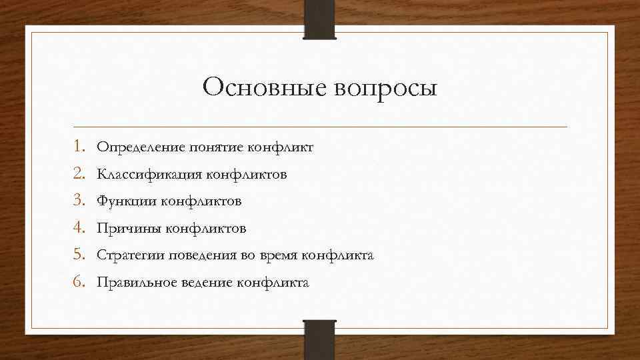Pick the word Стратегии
coord(129,256)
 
